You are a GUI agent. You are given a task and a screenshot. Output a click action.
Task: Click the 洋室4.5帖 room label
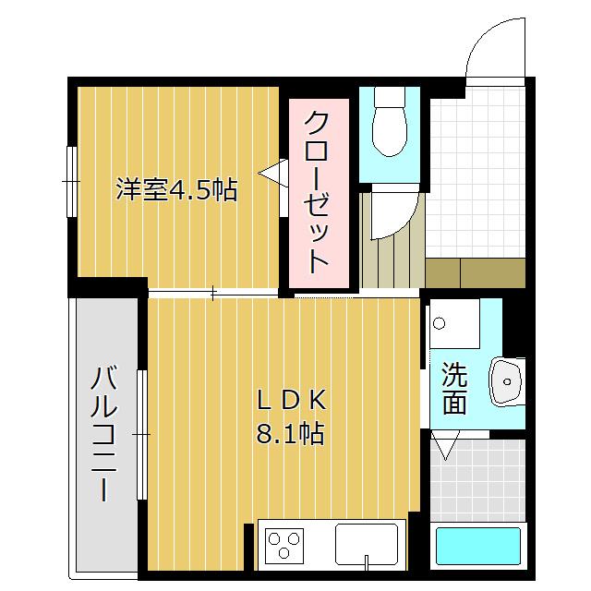pos(175,190)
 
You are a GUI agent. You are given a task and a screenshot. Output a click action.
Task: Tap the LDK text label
pos(290,401)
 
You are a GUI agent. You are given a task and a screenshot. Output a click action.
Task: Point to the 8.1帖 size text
pos(290,432)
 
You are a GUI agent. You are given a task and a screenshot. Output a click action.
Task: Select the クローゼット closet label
pos(317,191)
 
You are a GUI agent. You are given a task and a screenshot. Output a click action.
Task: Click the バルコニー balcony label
pos(104,433)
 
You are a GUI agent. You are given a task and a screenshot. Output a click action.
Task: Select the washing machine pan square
pos(452,323)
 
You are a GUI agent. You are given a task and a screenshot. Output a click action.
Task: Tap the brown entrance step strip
pos(475,271)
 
